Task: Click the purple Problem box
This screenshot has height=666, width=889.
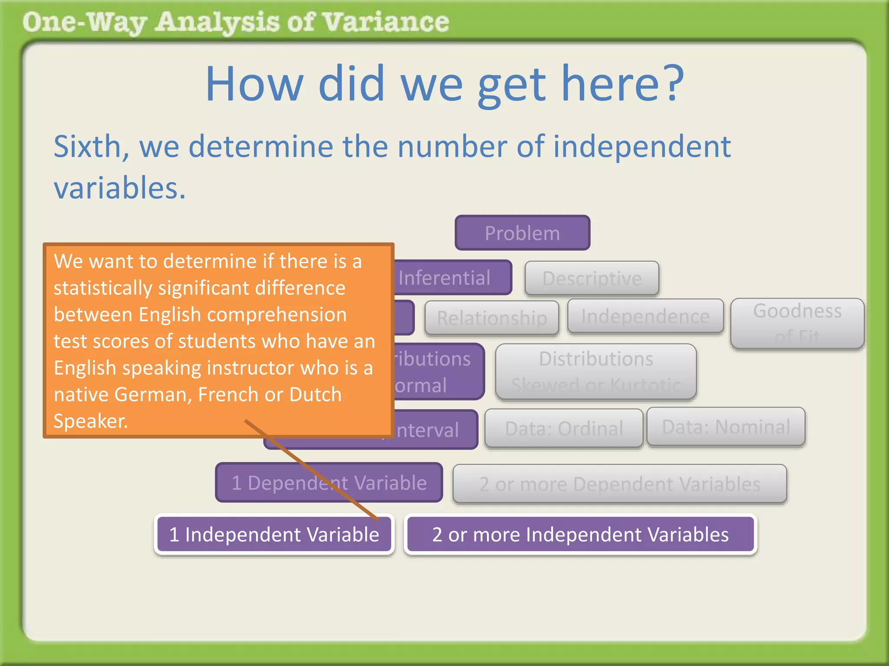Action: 522,233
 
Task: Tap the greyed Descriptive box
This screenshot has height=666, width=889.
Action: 592,278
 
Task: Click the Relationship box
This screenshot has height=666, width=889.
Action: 491,318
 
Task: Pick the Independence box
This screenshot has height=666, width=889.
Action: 645,317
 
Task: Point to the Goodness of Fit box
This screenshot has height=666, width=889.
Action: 797,323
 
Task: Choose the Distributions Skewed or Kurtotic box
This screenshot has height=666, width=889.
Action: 596,372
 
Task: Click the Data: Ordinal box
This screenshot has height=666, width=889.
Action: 563,428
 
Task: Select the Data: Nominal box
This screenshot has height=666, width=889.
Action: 726,427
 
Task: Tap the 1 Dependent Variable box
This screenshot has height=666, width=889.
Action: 329,483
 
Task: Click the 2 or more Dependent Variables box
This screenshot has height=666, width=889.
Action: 619,484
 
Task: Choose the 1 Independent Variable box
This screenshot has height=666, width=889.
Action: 274,534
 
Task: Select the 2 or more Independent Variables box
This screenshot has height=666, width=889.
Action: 580,534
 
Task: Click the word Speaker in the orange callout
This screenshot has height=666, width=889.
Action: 90,421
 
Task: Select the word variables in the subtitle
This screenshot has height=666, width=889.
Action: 119,188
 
